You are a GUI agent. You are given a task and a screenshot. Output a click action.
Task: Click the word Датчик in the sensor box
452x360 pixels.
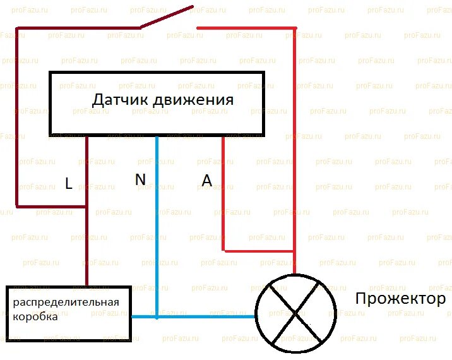point(120,100)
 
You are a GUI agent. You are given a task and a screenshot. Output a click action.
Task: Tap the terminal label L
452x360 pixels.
point(69,183)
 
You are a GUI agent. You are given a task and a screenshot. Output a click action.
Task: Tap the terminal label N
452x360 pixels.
point(140,179)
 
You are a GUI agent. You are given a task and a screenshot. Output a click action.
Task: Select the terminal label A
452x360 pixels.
point(206,180)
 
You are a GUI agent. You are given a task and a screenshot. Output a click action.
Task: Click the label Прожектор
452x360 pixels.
point(400,298)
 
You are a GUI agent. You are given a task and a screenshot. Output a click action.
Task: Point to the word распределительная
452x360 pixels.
point(66,301)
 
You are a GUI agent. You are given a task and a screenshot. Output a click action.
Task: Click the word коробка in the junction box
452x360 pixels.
point(35,316)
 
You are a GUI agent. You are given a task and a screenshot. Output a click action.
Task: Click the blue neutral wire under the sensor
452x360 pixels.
point(157,221)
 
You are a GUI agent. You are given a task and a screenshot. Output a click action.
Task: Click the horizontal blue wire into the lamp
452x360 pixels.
point(202,316)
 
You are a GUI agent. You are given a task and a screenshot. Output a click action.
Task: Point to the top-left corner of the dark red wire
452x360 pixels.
point(17,28)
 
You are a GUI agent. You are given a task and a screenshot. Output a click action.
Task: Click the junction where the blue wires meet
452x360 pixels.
point(157,316)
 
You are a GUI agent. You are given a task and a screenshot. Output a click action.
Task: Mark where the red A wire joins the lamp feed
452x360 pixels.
point(294,251)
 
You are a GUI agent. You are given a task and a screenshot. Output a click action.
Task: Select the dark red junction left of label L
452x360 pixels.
point(87,207)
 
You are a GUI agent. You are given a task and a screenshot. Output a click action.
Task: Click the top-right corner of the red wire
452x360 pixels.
point(294,28)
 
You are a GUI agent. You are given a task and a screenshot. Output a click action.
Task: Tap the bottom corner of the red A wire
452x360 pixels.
point(223,251)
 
